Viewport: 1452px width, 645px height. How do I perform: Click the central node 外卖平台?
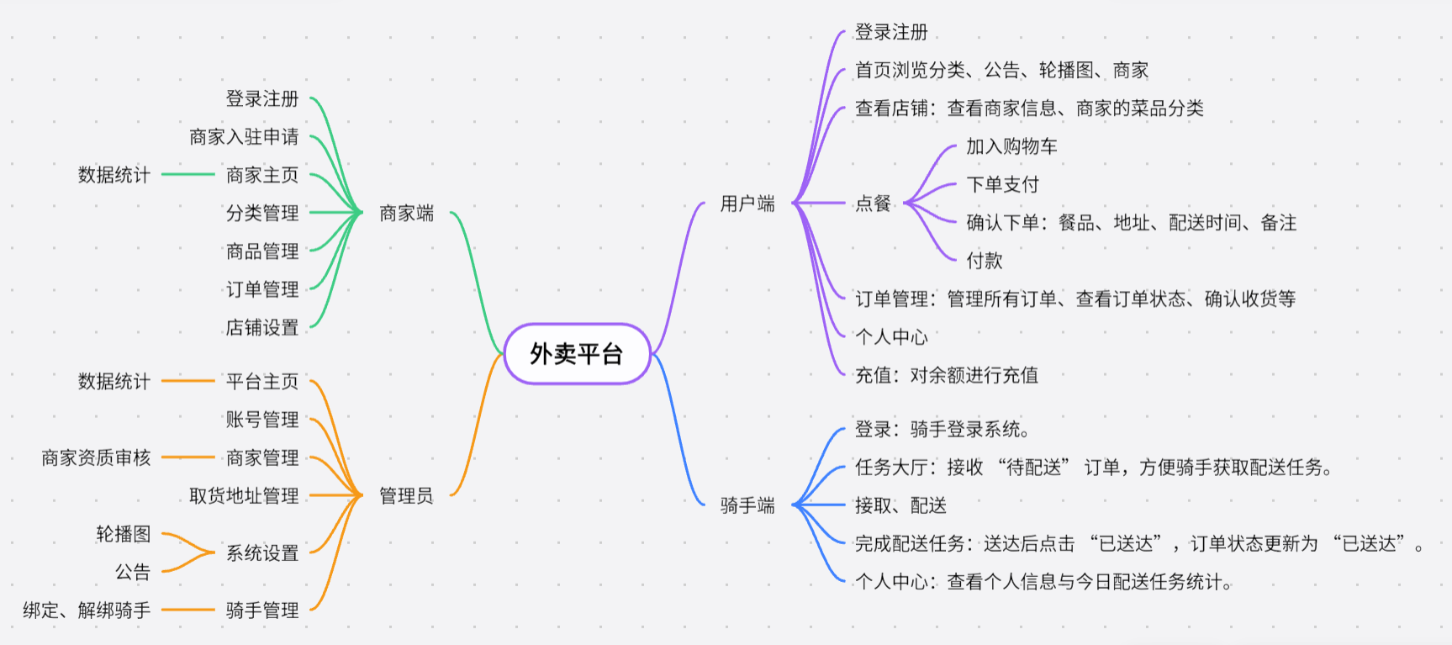[x=577, y=354]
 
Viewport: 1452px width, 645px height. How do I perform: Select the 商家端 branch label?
[x=406, y=213]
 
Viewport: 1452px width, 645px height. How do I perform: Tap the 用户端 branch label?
[x=747, y=204]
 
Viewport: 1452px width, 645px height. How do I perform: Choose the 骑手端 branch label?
[x=747, y=505]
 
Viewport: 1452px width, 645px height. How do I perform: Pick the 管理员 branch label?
[x=406, y=495]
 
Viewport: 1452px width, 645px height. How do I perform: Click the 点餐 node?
[x=873, y=204]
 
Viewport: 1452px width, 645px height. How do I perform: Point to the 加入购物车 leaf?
[x=1011, y=146]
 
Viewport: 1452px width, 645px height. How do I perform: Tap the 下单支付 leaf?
[x=1002, y=184]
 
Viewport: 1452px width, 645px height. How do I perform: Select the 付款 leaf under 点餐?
[x=984, y=261]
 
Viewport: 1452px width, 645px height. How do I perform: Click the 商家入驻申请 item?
[x=244, y=136]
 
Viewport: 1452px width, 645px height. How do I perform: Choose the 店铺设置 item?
[x=262, y=327]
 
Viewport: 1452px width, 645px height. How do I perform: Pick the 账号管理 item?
[x=262, y=419]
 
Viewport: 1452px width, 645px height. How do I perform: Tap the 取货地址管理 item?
[x=244, y=495]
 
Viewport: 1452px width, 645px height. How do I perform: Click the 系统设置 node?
[x=262, y=552]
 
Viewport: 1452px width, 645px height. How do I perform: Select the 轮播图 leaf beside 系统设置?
[x=124, y=534]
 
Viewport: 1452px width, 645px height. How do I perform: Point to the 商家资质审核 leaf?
[x=96, y=457]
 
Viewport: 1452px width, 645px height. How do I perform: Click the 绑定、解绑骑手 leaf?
[x=87, y=610]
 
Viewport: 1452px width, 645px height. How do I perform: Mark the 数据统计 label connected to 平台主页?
[x=114, y=381]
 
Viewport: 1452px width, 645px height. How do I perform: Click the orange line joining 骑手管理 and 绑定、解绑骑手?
[x=188, y=610]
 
